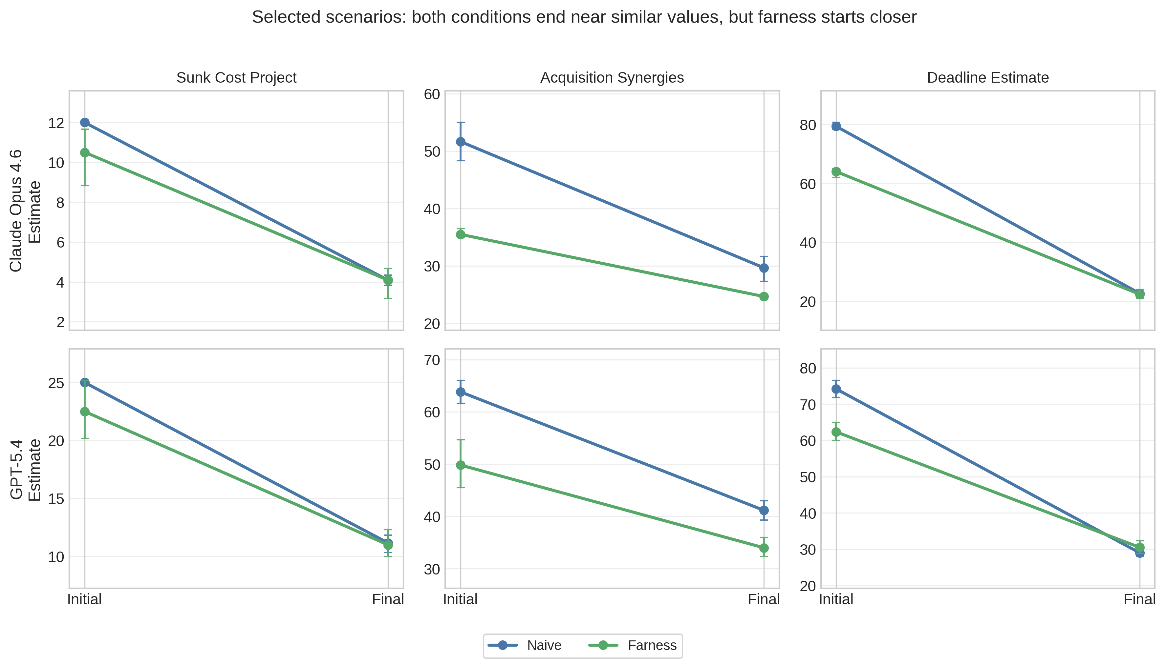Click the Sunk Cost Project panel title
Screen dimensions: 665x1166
(236, 78)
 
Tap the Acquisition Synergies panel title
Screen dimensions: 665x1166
(612, 78)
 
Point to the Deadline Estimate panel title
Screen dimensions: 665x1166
(988, 78)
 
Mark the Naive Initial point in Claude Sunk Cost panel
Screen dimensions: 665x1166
(85, 122)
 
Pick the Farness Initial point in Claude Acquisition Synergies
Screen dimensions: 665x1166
(461, 235)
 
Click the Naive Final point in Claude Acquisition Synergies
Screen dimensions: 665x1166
(764, 268)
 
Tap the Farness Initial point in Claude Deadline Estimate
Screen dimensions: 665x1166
(836, 172)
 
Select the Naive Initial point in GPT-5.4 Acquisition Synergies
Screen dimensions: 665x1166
(461, 392)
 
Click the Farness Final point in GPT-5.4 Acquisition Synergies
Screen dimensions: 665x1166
(764, 548)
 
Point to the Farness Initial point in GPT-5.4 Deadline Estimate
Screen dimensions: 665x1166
(836, 432)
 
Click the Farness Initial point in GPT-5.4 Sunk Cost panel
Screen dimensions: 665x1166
(85, 412)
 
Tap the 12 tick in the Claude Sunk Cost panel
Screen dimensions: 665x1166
(56, 123)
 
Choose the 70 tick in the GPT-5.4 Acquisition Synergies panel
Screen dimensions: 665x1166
(431, 360)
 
